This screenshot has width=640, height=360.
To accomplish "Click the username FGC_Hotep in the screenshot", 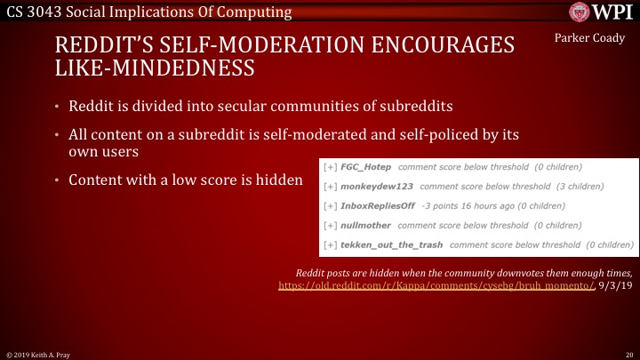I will click(x=365, y=167).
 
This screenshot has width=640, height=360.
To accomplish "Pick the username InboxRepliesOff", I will click(x=384, y=206).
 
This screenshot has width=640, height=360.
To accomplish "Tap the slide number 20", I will click(x=628, y=354).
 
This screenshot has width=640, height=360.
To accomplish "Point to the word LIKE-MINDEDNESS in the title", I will click(x=156, y=68).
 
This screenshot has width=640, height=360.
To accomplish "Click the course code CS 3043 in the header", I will click(x=35, y=12).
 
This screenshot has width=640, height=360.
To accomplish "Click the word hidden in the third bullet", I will click(x=283, y=180).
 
